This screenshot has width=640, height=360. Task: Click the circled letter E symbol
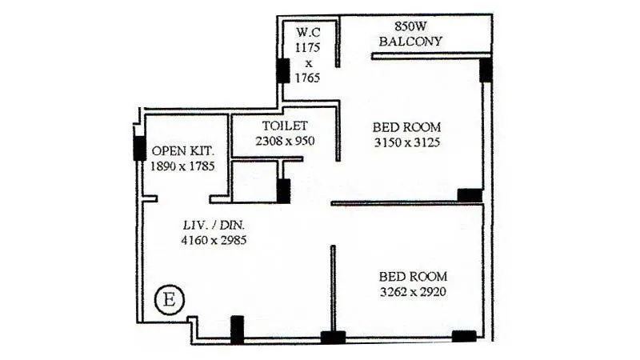(169, 301)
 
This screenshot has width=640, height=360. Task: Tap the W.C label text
(308, 33)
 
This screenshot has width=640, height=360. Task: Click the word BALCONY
(413, 41)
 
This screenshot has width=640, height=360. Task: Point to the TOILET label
(285, 126)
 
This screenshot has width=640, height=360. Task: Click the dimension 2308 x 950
(285, 141)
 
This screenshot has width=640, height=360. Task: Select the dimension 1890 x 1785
(182, 166)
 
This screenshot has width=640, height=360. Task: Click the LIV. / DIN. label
(212, 224)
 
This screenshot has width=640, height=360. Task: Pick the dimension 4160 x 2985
(212, 239)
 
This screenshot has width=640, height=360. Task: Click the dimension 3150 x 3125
(407, 142)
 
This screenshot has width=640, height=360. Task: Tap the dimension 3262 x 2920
(412, 292)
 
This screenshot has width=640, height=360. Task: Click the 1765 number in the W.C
(308, 78)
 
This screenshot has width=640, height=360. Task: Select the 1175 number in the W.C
(308, 48)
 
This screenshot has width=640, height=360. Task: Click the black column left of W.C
(282, 70)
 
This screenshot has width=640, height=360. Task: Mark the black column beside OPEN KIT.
(139, 148)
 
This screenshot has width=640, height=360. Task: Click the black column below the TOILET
(283, 190)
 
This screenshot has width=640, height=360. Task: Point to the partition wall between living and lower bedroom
(332, 286)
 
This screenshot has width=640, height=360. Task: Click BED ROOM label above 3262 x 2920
(412, 277)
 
